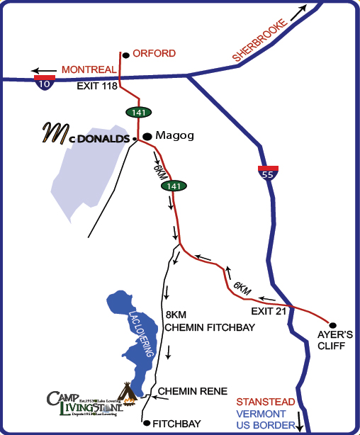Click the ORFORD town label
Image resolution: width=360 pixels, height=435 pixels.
(x=154, y=54)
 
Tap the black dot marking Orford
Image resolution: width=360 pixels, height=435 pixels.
(x=125, y=55)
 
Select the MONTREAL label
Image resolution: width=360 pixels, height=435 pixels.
(x=89, y=69)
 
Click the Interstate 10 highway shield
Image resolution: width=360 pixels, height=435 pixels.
(x=44, y=82)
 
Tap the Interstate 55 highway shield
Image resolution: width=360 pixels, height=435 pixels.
(x=267, y=173)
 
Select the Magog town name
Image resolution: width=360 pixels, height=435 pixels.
(x=174, y=136)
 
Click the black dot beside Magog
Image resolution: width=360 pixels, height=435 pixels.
(x=147, y=136)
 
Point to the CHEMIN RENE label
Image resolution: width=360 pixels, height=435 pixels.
(x=193, y=391)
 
